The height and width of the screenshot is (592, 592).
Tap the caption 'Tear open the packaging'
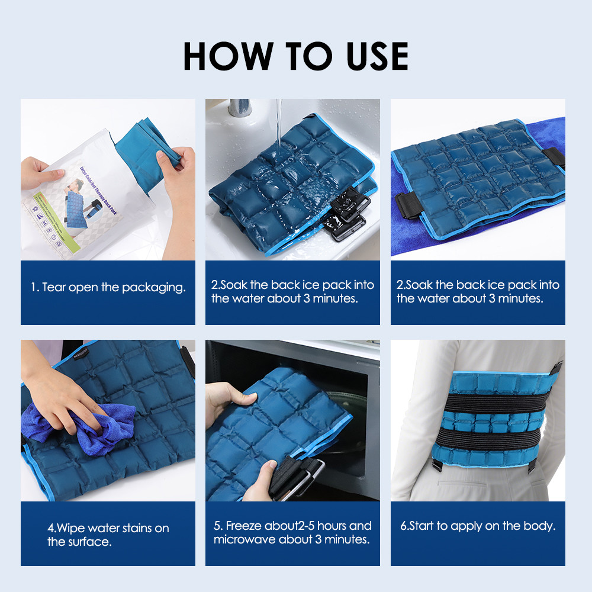pyautogui.click(x=108, y=288)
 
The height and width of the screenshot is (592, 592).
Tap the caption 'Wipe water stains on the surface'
pyautogui.click(x=108, y=535)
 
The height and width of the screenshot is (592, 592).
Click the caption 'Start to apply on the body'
pyautogui.click(x=478, y=526)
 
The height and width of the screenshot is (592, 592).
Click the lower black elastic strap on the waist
pyautogui.click(x=478, y=441)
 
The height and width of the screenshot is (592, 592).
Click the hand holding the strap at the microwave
pyautogui.click(x=260, y=482)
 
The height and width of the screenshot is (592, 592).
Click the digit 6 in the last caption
pyautogui.click(x=403, y=526)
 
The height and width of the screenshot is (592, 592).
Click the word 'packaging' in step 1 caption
pyautogui.click(x=154, y=288)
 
